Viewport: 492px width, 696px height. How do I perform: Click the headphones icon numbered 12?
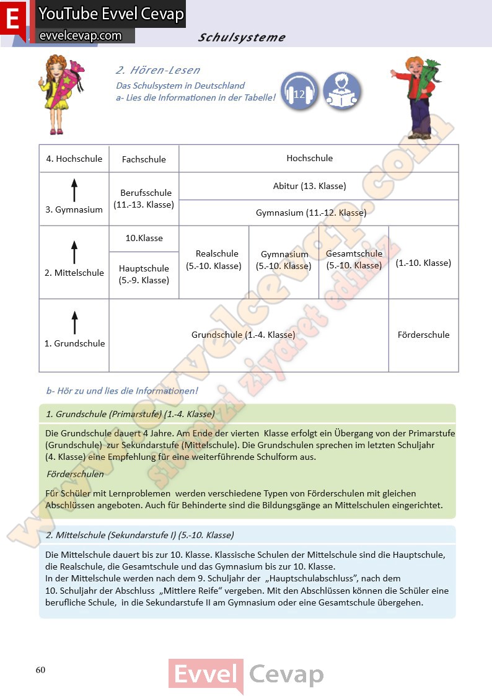tap(300, 92)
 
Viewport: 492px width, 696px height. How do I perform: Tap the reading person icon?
tap(341, 92)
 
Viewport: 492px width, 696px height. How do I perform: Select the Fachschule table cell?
tap(144, 159)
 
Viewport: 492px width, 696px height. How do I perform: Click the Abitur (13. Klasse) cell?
tap(318, 186)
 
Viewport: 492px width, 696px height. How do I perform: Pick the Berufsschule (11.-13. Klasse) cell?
tap(144, 198)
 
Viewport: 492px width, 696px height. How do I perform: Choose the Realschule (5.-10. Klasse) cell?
tap(214, 260)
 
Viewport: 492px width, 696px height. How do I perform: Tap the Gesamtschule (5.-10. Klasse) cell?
tap(354, 260)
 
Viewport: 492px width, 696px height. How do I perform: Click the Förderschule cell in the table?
tap(423, 335)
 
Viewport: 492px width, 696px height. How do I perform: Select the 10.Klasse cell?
tap(144, 238)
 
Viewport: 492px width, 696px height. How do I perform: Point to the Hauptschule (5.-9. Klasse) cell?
tap(144, 274)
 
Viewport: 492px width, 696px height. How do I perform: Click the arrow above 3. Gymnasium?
tap(74, 190)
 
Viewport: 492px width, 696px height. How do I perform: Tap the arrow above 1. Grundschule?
tap(74, 323)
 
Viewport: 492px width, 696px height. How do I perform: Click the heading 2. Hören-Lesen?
tap(158, 70)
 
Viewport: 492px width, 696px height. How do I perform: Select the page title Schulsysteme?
tap(242, 37)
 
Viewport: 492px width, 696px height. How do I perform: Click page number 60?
tap(40, 669)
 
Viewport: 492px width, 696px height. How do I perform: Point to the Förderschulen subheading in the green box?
tap(75, 474)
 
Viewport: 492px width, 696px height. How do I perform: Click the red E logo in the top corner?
tap(14, 19)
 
